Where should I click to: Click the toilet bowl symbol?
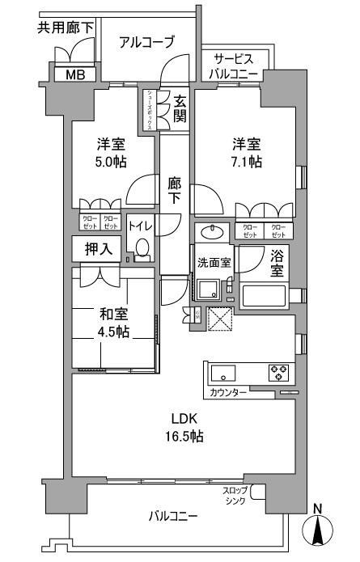pos(142,247)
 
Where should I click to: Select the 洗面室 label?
pos(214,262)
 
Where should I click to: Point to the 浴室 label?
pos(277,264)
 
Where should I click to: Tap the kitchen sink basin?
pos(222,373)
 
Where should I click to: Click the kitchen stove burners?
pos(278,373)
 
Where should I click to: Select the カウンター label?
pos(228,392)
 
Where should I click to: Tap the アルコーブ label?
pos(146,43)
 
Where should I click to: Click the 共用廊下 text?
pos(66,27)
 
